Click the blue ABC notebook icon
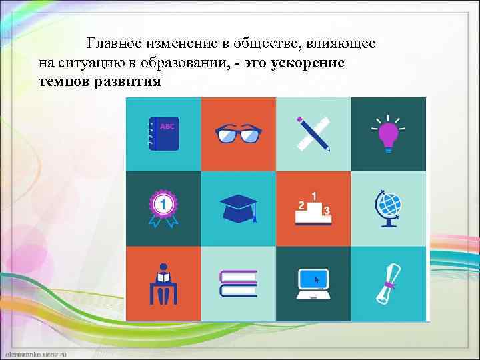click(x=163, y=133)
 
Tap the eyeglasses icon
click(x=238, y=134)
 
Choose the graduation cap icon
click(x=238, y=209)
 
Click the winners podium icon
click(x=313, y=208)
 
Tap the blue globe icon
click(x=389, y=208)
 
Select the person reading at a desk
click(x=163, y=283)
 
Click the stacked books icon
click(x=238, y=283)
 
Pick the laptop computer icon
click(x=313, y=283)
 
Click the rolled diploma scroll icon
click(x=388, y=283)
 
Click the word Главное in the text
click(x=115, y=44)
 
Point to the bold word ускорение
click(x=309, y=63)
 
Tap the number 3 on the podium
click(x=326, y=211)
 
